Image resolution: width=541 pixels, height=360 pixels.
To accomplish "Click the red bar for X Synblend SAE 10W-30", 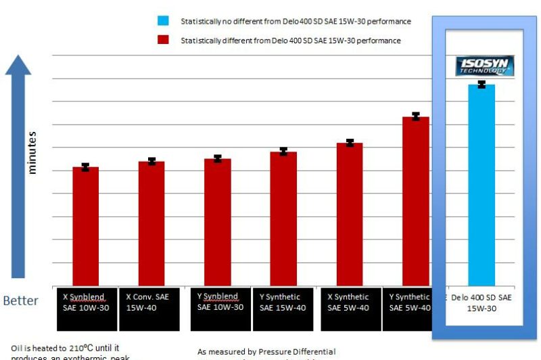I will click(86, 226).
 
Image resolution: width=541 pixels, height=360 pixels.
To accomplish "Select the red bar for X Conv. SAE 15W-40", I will click(151, 223).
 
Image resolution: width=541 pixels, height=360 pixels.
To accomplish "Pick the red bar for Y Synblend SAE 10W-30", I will click(217, 222).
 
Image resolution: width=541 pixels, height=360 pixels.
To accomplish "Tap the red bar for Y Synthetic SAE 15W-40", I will click(283, 219).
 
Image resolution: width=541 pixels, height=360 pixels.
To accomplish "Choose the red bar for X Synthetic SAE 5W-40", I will click(349, 214).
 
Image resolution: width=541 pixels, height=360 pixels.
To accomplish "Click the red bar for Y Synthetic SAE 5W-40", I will click(415, 201).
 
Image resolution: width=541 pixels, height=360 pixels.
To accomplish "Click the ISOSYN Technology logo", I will click(484, 66).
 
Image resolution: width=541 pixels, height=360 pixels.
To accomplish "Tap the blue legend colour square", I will click(162, 22).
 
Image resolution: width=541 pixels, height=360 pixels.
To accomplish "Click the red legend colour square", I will click(162, 40).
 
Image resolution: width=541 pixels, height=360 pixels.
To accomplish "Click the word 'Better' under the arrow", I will click(21, 300).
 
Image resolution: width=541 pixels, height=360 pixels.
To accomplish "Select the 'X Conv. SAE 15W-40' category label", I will click(150, 302).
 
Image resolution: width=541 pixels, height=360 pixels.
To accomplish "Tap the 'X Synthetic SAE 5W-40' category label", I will click(349, 302).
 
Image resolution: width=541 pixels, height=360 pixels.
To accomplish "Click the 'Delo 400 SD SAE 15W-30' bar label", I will click(481, 302).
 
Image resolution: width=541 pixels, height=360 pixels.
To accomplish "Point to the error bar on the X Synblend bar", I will click(86, 167).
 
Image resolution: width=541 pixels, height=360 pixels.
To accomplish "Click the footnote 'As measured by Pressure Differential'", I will click(266, 352).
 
